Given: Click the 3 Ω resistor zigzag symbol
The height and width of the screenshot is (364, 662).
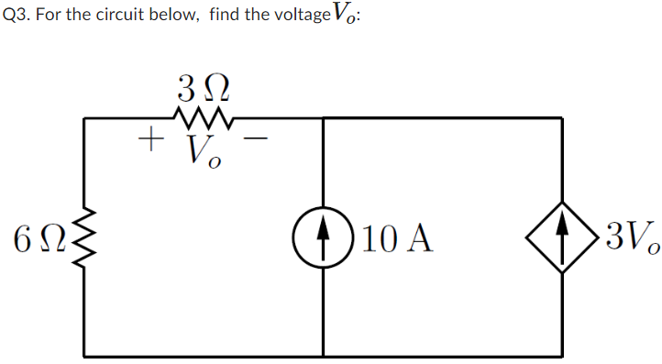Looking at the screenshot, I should point(202,117).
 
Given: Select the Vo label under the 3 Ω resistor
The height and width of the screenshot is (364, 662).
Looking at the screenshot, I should point(203,149).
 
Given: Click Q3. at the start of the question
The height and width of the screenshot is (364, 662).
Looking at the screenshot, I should point(17,17).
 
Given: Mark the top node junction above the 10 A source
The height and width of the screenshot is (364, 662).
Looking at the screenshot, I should point(324,117).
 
